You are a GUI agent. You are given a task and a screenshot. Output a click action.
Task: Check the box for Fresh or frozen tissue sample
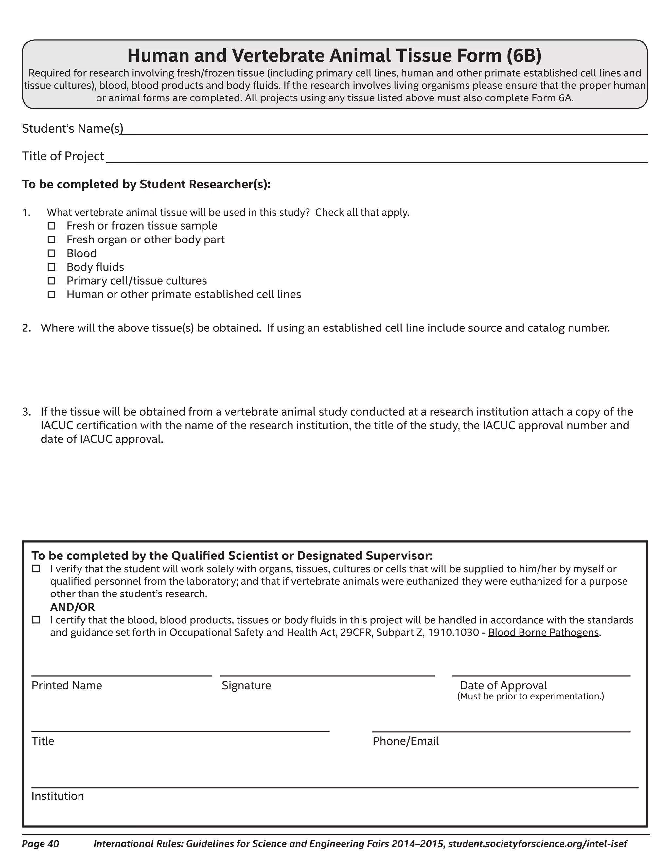pos(52,226)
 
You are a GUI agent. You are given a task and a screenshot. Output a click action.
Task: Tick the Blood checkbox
pos(52,253)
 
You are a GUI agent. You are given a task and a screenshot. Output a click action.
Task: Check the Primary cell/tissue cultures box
pos(52,281)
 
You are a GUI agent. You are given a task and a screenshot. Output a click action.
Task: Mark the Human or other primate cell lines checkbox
pos(52,294)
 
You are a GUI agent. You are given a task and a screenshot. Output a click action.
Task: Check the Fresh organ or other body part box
pos(52,239)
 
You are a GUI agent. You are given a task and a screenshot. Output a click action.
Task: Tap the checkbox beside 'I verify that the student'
pos(36,569)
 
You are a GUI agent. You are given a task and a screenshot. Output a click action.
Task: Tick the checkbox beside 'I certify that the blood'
pos(36,620)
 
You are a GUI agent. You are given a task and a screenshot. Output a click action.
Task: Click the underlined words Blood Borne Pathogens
pos(543,632)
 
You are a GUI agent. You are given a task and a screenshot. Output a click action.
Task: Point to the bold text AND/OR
pos(72,607)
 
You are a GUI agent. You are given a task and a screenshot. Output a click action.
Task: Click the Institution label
pos(58,796)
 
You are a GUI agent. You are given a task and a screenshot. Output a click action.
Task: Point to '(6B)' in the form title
pos(524,55)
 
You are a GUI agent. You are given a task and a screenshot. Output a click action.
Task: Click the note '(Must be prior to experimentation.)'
pos(530,696)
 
